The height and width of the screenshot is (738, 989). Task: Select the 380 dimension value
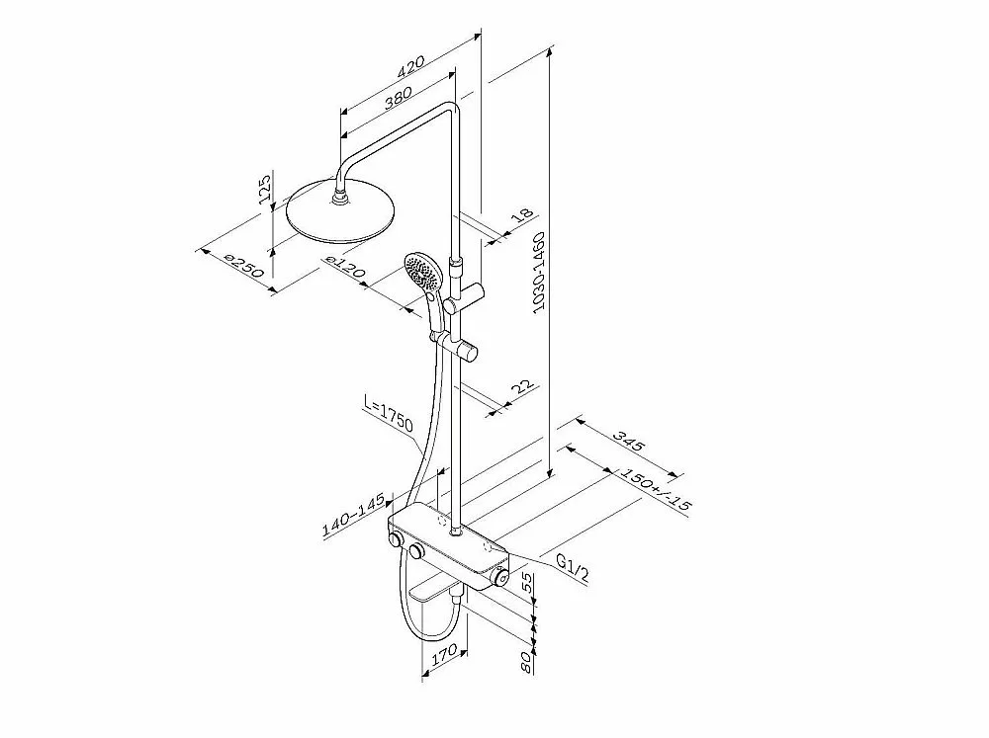tap(398, 98)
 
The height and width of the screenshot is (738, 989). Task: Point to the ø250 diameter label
tap(243, 265)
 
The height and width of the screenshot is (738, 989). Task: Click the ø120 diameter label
tap(344, 266)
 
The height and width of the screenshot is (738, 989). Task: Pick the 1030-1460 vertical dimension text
tap(539, 272)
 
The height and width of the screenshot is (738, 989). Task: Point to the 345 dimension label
tap(629, 442)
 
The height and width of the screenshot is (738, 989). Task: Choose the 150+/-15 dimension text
tap(656, 488)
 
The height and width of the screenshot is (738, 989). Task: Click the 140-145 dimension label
tap(354, 516)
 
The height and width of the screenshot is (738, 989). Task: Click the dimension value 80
tap(528, 663)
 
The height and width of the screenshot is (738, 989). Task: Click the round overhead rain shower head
tap(340, 209)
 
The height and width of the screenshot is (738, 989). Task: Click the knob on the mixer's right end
tap(500, 577)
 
